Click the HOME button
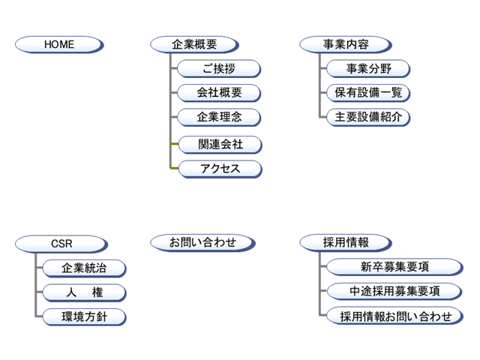tap(59, 44)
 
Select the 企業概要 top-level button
tap(194, 44)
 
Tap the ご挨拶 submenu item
tap(219, 69)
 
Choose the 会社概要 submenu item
tap(219, 93)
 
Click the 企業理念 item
tap(219, 117)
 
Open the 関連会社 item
tap(219, 143)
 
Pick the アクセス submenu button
tap(219, 168)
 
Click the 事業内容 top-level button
tap(344, 44)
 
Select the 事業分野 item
tap(369, 69)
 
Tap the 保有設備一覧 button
tap(369, 93)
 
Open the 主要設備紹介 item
tap(369, 117)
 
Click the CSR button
tap(59, 242)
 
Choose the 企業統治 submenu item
tap(84, 268)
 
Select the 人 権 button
tap(84, 292)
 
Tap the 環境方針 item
tap(84, 316)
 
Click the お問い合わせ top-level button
tap(202, 242)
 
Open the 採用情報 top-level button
tap(344, 242)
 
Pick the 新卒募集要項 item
tap(394, 266)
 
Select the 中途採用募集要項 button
tap(394, 291)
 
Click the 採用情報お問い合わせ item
tap(394, 316)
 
